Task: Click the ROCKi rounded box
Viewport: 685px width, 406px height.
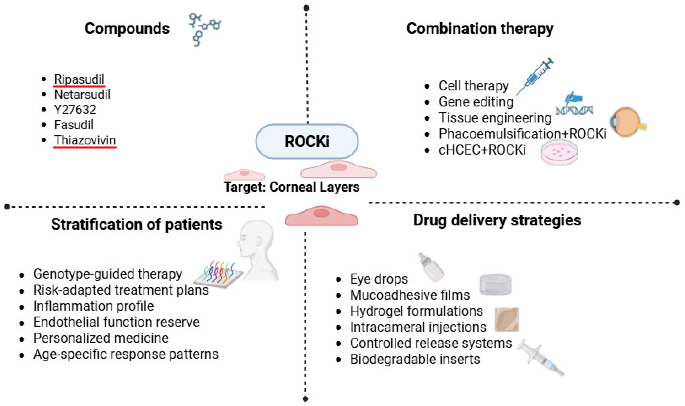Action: coord(307,141)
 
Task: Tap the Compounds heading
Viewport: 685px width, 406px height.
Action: coord(127,28)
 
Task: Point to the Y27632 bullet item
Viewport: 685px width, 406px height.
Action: coord(75,110)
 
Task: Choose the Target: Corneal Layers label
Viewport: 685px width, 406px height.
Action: coord(292,187)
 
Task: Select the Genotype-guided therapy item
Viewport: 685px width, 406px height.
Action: coord(108,274)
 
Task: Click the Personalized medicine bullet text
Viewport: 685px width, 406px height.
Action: coord(101,338)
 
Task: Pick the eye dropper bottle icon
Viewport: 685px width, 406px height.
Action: coord(431,267)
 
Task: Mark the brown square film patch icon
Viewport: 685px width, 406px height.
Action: coord(507,320)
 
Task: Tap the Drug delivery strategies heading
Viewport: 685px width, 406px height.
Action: coord(497,220)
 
